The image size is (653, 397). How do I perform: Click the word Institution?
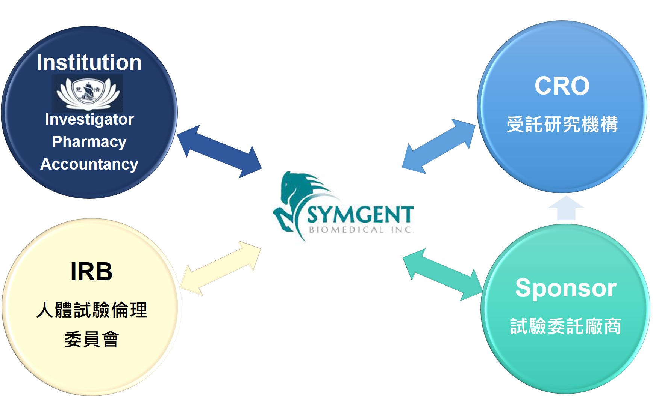coord(89,62)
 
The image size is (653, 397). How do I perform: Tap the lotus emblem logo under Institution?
coord(88,93)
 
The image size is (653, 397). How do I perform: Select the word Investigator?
coord(89,120)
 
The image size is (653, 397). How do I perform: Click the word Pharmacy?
coord(89,142)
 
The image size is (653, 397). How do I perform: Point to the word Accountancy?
coord(89,164)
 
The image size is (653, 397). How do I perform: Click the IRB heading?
coord(91,271)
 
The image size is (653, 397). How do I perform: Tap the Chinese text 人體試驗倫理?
coord(91,310)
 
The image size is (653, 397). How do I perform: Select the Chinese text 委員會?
coord(91,339)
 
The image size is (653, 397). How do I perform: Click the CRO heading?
coord(562,86)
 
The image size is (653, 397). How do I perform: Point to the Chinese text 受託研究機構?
coord(562,124)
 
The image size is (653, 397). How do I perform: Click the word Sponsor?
coord(565,289)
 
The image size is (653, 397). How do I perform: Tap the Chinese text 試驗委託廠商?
coord(565,326)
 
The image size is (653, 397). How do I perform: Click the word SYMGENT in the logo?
coord(360,215)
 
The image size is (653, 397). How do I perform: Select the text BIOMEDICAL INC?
coord(361,230)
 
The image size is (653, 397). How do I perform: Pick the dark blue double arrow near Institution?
coord(219,152)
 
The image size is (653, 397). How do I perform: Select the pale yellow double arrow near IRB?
coord(220,268)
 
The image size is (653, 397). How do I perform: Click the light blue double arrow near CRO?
coord(439,146)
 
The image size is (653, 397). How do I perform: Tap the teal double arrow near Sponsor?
coord(442,275)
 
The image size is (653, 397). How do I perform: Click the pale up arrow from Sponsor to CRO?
coord(566,208)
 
